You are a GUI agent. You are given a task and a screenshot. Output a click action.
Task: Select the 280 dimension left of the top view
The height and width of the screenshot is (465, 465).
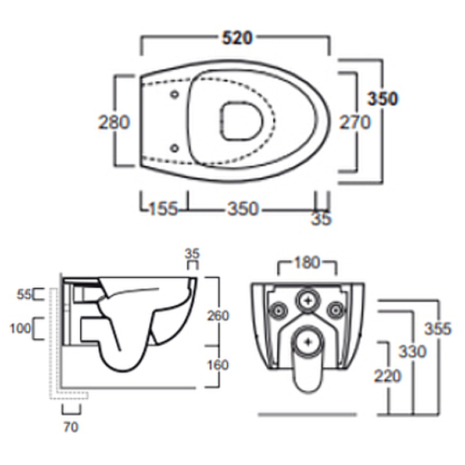114,122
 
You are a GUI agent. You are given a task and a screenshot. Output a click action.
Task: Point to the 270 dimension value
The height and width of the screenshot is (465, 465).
355,122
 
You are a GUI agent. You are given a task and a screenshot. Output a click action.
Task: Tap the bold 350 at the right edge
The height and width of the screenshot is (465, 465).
382,99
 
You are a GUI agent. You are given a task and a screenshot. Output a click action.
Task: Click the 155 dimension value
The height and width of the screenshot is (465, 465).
163,209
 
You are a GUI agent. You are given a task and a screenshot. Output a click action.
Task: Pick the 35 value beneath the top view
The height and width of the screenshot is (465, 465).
321,220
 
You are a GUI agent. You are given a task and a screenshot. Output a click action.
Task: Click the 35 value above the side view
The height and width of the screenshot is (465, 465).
192,253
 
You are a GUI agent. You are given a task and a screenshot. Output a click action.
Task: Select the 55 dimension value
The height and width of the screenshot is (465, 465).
23,295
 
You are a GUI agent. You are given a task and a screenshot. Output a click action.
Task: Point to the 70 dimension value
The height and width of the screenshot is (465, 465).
70,427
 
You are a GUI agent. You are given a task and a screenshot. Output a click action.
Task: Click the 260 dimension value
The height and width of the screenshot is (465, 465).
218,316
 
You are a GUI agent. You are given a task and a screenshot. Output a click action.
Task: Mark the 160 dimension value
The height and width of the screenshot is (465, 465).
218,365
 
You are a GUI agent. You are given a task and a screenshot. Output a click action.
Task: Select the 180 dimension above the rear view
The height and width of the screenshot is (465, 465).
307,263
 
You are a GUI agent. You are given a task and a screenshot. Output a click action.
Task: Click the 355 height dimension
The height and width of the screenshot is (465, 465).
437,328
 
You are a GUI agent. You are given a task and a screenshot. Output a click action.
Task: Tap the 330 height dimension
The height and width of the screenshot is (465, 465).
412,351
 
